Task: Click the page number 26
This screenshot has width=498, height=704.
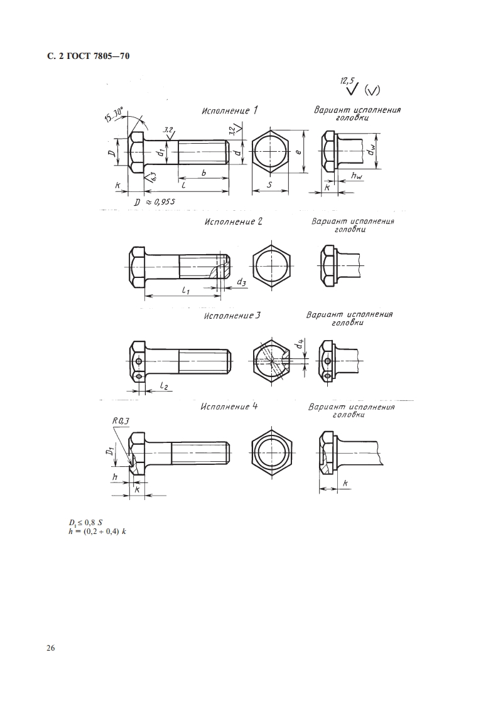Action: [50, 648]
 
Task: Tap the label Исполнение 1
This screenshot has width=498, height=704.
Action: [230, 110]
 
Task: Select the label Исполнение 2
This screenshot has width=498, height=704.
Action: [233, 221]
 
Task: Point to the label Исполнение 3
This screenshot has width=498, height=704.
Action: [232, 316]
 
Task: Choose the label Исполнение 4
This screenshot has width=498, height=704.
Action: [229, 407]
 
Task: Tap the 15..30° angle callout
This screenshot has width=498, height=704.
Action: [116, 114]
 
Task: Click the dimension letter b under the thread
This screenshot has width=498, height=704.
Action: [203, 172]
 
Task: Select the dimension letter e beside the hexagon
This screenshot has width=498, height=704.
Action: [298, 152]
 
